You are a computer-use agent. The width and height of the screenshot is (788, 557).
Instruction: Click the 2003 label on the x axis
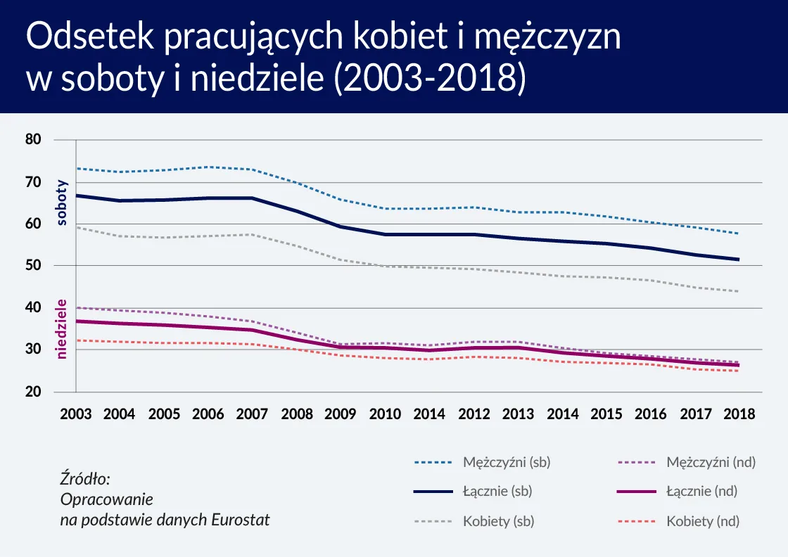tap(76, 414)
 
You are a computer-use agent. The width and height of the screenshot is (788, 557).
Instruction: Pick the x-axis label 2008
tap(297, 414)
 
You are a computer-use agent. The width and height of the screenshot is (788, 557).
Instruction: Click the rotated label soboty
tap(62, 203)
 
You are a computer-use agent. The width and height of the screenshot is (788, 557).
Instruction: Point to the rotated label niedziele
tap(62, 328)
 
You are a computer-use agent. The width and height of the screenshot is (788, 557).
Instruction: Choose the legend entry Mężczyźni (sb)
tap(507, 462)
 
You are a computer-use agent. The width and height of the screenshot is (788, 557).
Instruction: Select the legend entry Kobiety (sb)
tap(496, 521)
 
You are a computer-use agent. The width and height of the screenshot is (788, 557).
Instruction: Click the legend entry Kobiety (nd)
tap(702, 521)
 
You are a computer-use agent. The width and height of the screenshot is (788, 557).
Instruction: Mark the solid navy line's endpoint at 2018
tap(738, 260)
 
